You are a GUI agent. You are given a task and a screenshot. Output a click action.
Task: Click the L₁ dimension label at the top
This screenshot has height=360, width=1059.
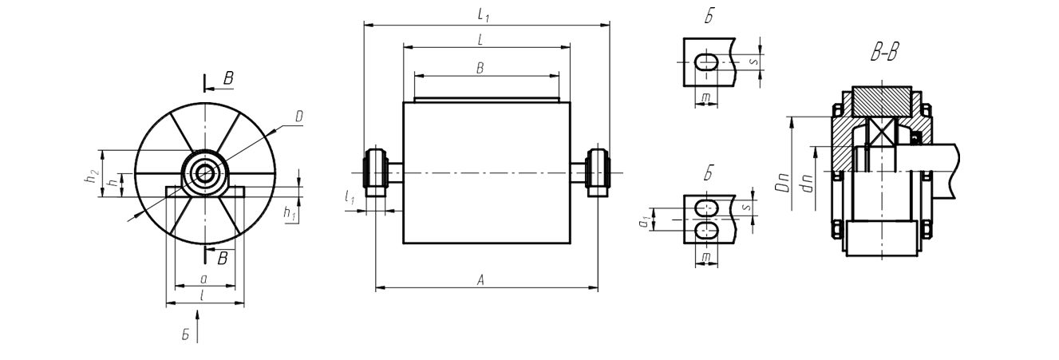click(x=483, y=15)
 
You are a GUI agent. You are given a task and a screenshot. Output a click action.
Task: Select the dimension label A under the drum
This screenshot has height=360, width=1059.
click(x=480, y=280)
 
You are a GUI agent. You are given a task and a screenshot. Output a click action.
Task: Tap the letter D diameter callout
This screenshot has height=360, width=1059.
click(x=298, y=117)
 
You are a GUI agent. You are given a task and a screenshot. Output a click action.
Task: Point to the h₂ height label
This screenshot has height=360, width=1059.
click(x=94, y=176)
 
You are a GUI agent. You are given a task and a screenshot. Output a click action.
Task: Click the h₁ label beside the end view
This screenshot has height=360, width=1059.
click(x=290, y=213)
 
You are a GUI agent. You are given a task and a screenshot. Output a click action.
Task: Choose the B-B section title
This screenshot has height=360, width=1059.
click(x=884, y=53)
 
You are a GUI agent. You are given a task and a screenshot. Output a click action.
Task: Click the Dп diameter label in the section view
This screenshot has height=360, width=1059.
click(x=783, y=183)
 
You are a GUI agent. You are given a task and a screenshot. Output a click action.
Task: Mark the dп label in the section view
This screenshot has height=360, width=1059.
click(x=807, y=184)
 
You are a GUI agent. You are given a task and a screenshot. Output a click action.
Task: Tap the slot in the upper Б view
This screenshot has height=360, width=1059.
click(x=707, y=61)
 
